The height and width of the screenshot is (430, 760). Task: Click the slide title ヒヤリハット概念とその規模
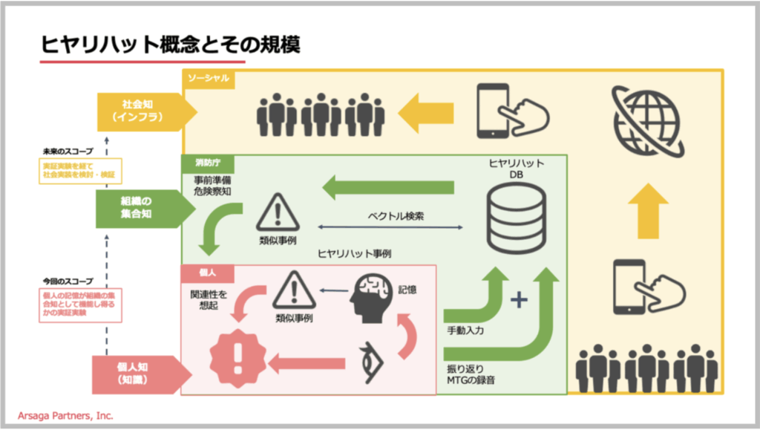(x=171, y=45)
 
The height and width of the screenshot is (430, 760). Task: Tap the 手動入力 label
(x=465, y=330)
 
